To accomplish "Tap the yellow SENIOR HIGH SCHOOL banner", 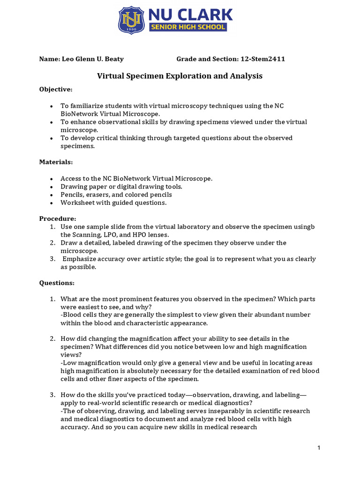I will (188, 27).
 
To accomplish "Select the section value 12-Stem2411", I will (262, 59).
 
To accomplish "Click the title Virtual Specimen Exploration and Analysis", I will (180, 75).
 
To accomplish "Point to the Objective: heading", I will (56, 89).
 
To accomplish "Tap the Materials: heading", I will (56, 162).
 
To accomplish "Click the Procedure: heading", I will (57, 218).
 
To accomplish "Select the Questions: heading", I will (57, 283).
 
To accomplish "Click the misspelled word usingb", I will (304, 226).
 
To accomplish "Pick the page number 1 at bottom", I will (319, 448).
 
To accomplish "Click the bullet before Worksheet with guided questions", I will (51, 203).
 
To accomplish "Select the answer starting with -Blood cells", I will (185, 315).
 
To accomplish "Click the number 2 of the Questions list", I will (52, 338).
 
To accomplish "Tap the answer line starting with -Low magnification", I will (187, 363).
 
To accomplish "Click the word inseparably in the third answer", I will (194, 411).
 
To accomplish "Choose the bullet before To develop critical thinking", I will (51, 138).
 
